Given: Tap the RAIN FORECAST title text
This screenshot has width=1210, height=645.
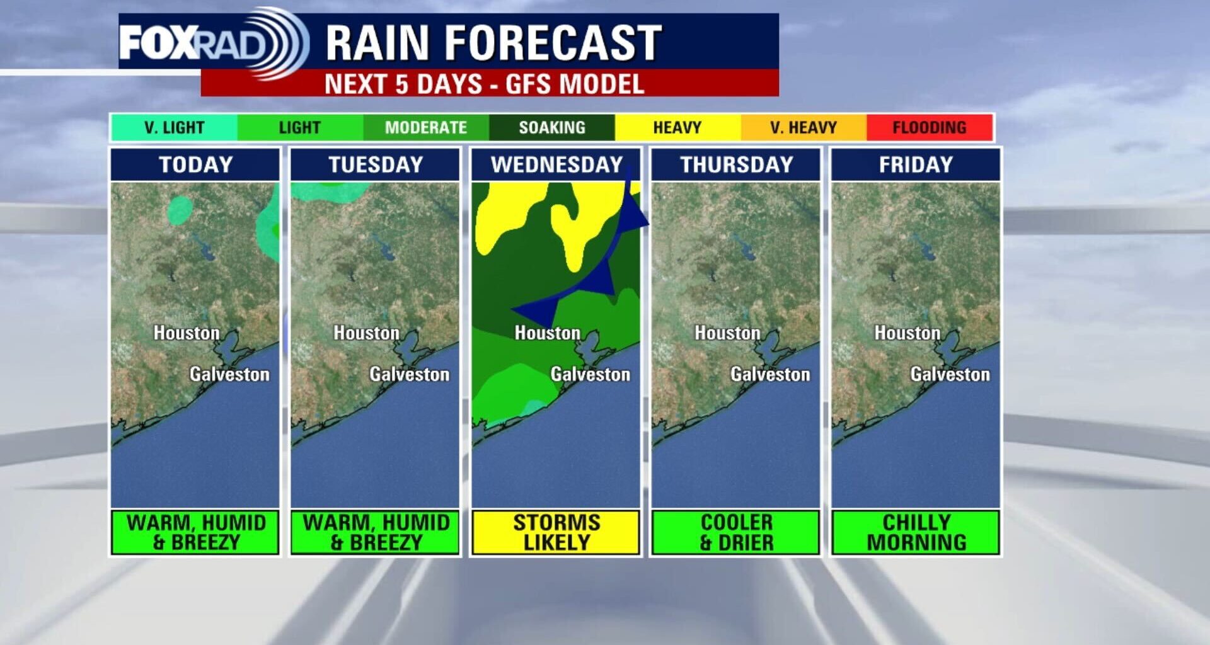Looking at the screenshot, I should click(493, 43).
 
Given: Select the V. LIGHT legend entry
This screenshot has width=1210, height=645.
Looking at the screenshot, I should click(174, 127).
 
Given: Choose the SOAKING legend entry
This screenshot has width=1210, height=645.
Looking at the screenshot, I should click(551, 127).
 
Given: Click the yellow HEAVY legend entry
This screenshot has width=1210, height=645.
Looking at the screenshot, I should click(677, 127).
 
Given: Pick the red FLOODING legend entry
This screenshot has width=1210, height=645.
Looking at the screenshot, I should click(929, 127).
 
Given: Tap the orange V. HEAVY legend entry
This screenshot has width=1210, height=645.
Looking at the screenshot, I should click(803, 127).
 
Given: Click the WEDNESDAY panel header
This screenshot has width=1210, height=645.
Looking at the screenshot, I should click(556, 164).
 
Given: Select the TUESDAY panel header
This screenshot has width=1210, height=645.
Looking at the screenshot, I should click(375, 164).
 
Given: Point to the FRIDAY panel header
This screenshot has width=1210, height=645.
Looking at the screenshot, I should click(915, 164).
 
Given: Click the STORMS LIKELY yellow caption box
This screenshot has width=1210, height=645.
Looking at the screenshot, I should click(556, 532).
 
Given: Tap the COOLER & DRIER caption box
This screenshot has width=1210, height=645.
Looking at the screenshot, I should click(735, 532).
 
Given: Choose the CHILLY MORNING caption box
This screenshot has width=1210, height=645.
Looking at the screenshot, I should click(915, 532).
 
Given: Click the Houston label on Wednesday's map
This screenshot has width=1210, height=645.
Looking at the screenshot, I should click(547, 333).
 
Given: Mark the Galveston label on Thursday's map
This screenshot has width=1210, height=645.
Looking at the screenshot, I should click(769, 374).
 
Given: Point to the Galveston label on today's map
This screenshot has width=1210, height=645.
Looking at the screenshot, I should click(229, 374).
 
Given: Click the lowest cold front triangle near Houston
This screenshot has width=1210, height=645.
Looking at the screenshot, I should click(539, 311).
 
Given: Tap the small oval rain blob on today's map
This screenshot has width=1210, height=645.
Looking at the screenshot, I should click(180, 210).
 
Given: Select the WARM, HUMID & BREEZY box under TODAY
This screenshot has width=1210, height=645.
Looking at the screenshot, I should click(195, 532).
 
